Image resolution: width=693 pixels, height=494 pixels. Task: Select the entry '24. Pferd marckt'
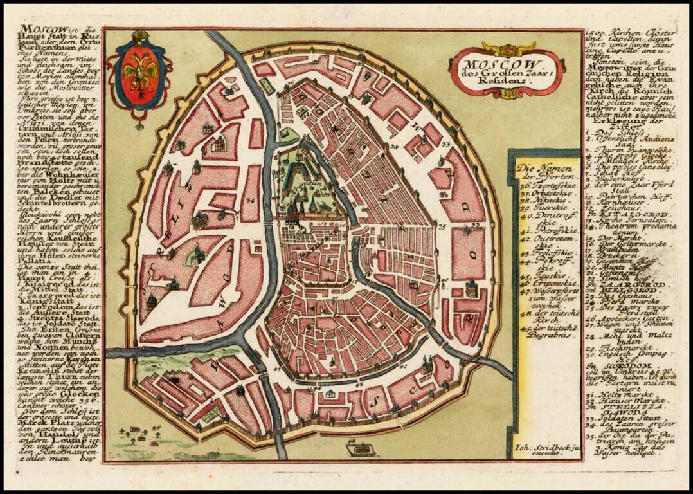pos(614,299)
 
